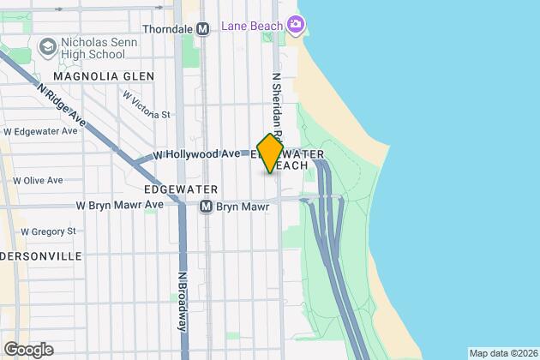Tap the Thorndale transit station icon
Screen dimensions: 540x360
(x=203, y=28)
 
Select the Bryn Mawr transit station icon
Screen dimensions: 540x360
(x=206, y=207)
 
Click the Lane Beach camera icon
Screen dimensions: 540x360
(x=296, y=25)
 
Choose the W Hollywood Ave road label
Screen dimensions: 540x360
(x=196, y=154)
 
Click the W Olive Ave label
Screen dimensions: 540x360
(x=38, y=181)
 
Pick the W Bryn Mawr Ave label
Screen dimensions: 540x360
(x=119, y=206)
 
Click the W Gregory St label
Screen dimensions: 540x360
(x=48, y=231)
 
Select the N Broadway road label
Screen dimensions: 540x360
(x=182, y=302)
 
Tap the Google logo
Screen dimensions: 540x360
(x=27, y=350)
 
